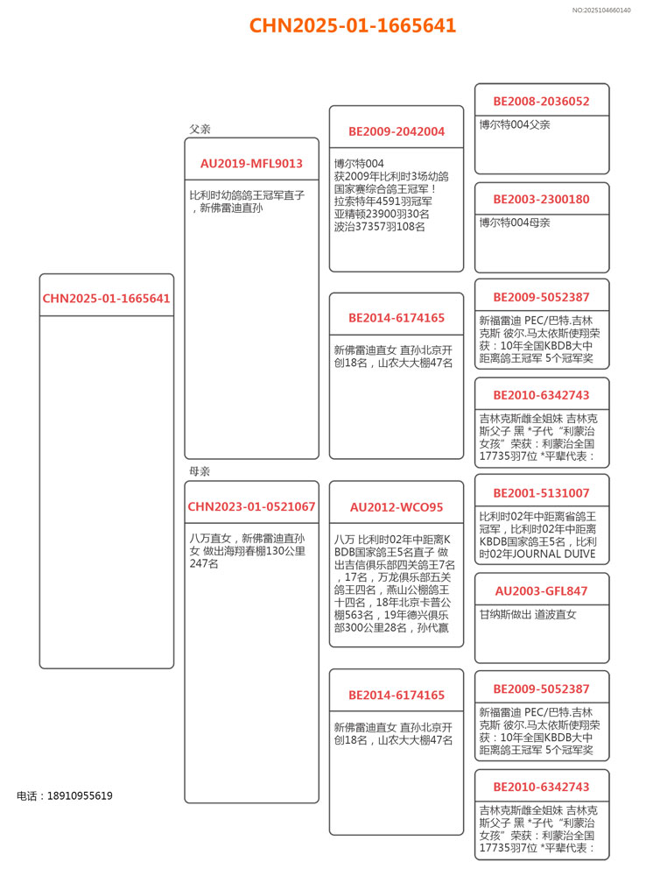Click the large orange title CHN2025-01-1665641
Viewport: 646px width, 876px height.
[x=352, y=25]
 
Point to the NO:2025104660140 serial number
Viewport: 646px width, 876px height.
[x=601, y=10]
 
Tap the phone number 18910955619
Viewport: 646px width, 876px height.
[x=65, y=795]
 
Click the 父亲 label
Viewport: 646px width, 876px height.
[x=200, y=129]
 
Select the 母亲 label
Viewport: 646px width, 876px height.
[x=200, y=471]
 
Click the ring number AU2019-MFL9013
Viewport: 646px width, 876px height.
[x=251, y=163]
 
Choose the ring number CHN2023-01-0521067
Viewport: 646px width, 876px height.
[x=251, y=506]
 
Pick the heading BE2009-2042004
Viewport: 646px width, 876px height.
[x=397, y=131]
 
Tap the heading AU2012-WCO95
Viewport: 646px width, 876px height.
[x=397, y=506]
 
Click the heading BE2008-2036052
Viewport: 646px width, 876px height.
[x=541, y=101]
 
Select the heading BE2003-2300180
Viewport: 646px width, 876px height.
[x=541, y=199]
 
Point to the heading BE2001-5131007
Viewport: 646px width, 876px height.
[x=541, y=492]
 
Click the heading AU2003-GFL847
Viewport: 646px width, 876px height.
[x=541, y=590]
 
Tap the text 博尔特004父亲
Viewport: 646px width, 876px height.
[x=515, y=124]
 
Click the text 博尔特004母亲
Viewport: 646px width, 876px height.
[x=515, y=223]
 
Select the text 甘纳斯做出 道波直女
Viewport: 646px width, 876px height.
[x=528, y=614]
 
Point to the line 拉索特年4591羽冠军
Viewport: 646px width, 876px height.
[x=382, y=201]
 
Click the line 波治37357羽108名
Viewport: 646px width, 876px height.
[x=379, y=226]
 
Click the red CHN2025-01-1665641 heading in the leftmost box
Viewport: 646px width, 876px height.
[x=106, y=298]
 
